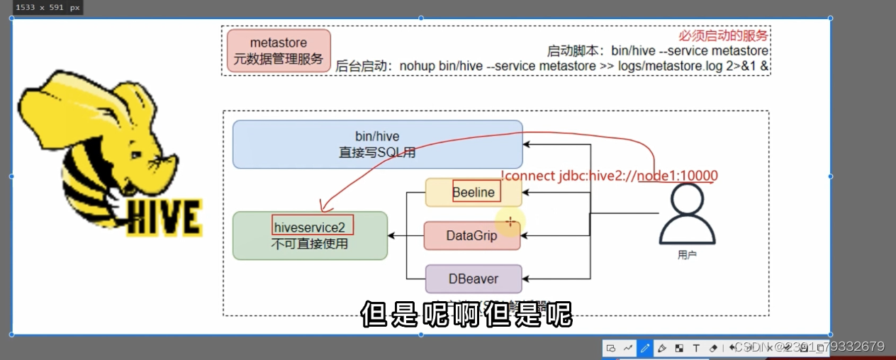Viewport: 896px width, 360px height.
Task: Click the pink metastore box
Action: pos(279,51)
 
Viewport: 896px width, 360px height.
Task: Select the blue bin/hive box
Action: pos(377,144)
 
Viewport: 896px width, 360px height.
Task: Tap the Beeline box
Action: pos(474,192)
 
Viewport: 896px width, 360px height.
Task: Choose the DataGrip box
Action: pos(471,235)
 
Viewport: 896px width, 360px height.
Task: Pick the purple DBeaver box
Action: pos(473,279)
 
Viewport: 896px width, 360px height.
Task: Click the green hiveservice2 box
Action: pos(310,235)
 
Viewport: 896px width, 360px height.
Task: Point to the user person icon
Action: pos(686,216)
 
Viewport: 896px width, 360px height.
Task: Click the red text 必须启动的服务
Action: pos(723,35)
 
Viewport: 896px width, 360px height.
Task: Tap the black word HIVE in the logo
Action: pos(164,216)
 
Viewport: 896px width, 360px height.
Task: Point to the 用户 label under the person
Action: pos(687,254)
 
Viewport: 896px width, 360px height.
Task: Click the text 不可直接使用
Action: pos(310,244)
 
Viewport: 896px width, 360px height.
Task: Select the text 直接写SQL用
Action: pos(377,152)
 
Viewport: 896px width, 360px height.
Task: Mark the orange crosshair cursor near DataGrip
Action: pos(510,222)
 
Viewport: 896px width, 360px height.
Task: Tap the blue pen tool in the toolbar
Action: pos(645,348)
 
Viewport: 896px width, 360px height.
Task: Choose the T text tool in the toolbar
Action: pos(696,348)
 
